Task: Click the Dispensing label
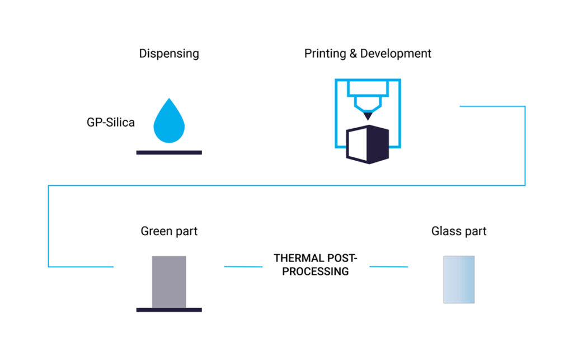pyautogui.click(x=169, y=54)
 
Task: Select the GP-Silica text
pyautogui.click(x=110, y=123)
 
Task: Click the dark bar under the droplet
pyautogui.click(x=169, y=152)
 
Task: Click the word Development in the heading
pyautogui.click(x=396, y=54)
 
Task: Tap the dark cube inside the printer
pyautogui.click(x=367, y=144)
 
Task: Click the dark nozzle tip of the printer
pyautogui.click(x=368, y=115)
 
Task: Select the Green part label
pyautogui.click(x=169, y=231)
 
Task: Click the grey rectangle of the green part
pyautogui.click(x=169, y=282)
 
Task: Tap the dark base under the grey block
pyautogui.click(x=169, y=310)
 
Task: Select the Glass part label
pyautogui.click(x=459, y=231)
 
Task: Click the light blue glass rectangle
pyautogui.click(x=459, y=279)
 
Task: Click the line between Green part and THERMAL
pyautogui.click(x=243, y=267)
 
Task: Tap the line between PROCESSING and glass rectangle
pyautogui.click(x=388, y=267)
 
